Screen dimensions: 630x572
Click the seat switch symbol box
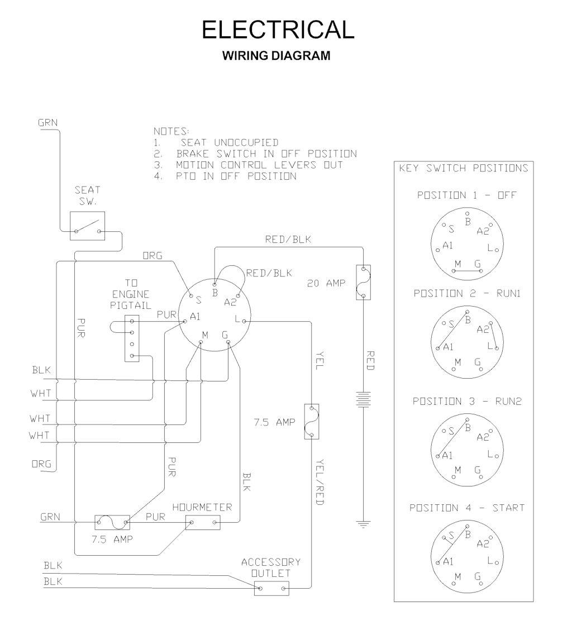click(88, 226)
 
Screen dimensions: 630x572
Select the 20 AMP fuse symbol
click(364, 282)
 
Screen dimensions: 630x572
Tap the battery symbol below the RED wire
click(364, 400)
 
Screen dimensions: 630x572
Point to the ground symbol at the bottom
click(364, 524)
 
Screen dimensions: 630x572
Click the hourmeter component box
click(203, 523)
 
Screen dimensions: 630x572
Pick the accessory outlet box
click(271, 588)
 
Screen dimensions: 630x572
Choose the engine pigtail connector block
click(131, 338)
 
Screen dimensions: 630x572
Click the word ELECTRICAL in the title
click(278, 30)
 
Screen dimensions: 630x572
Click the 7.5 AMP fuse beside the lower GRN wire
click(112, 522)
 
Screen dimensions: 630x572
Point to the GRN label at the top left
click(47, 122)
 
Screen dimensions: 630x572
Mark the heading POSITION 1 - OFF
click(466, 195)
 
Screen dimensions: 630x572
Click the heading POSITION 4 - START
click(466, 508)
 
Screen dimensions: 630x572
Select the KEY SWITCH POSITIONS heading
click(463, 168)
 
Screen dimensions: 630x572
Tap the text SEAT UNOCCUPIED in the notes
click(233, 143)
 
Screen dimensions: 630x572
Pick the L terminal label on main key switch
click(238, 319)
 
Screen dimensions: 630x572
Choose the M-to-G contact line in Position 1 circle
click(466, 271)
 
